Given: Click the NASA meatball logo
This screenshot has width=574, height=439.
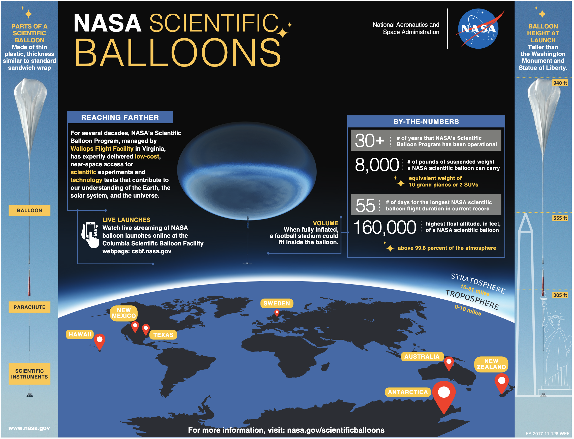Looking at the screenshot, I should pos(479,29).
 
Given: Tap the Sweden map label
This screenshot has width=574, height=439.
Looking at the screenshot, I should pos(277,304).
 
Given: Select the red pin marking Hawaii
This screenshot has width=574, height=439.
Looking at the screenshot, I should pos(100,341).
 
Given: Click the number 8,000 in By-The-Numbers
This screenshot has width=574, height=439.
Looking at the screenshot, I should pos(377,165).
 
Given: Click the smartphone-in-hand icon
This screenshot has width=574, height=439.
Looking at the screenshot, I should pos(90,235).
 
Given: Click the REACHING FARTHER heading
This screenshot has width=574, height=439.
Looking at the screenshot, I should pos(120,118).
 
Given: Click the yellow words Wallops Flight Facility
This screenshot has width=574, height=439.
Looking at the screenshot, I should pos(102,149).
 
